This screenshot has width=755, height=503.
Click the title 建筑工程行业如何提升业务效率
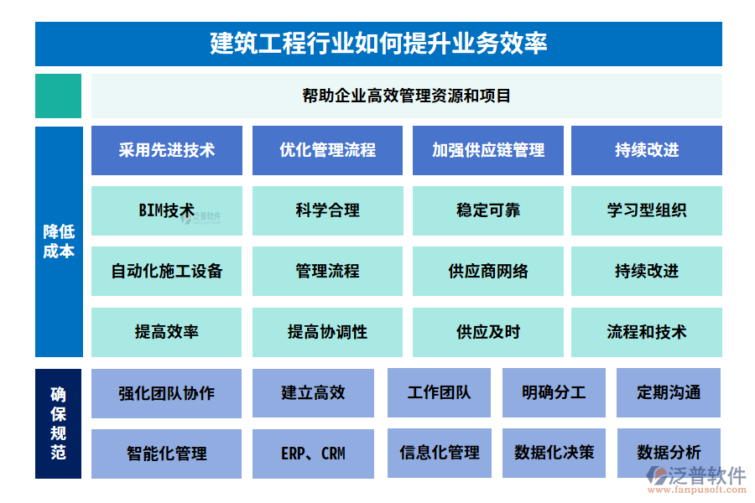point(378,44)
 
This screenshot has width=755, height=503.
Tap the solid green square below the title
point(58,96)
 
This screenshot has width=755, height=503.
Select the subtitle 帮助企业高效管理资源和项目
point(406,96)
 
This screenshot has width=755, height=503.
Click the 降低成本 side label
point(59,241)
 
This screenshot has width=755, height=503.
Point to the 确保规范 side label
point(58,423)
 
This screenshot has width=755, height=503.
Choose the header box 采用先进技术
point(167,150)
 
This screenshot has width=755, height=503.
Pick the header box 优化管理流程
point(327,150)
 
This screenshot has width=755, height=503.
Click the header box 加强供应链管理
point(487,150)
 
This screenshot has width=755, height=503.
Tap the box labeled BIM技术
point(167,210)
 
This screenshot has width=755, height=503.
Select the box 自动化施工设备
point(167,271)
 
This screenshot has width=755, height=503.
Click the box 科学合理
point(327,210)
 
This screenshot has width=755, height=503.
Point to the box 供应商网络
point(487,271)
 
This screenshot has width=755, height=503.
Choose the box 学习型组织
point(647,210)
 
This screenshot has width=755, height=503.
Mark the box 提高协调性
point(327,332)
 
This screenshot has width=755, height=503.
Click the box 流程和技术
point(647,332)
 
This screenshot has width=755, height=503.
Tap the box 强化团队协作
point(167,393)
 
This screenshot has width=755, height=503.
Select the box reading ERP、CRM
point(313,454)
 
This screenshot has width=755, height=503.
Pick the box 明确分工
point(554,393)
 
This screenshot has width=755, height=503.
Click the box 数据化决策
point(554,453)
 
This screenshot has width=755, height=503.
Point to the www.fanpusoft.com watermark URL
point(697,490)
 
